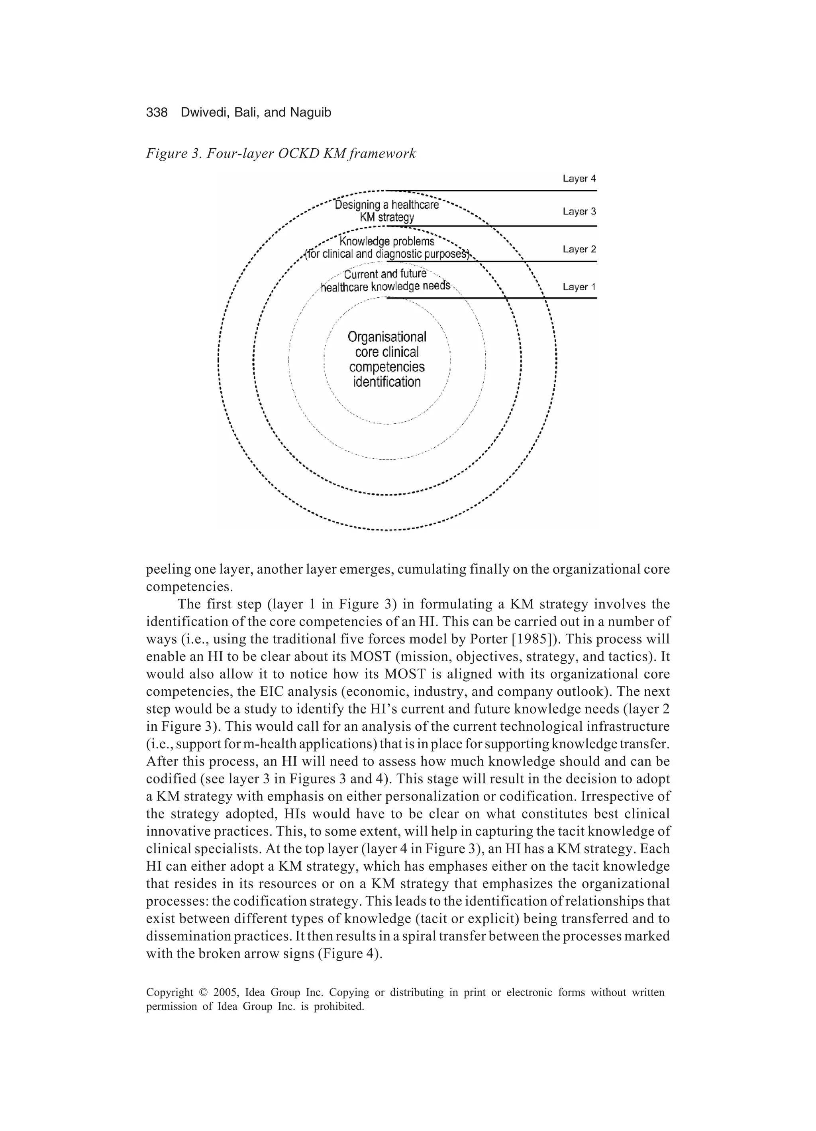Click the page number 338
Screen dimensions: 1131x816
[157, 113]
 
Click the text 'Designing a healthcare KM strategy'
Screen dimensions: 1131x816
[387, 211]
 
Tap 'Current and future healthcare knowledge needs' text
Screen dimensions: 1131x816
[385, 280]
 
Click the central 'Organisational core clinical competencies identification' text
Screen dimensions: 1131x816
[387, 360]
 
